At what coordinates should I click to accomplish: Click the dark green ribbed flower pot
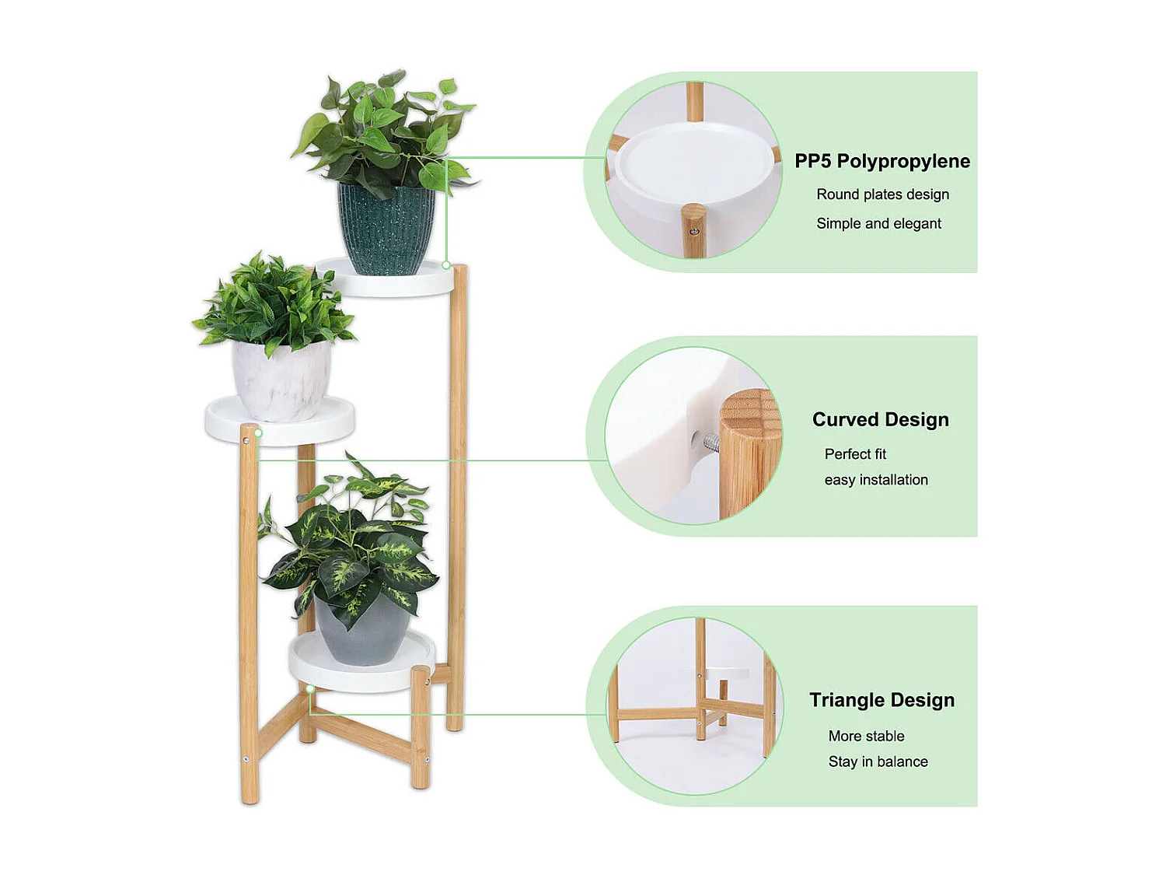point(386,229)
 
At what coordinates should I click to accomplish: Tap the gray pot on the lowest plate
point(362,634)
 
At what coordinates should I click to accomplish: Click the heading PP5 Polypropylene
point(882,161)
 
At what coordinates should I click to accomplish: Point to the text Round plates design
point(882,194)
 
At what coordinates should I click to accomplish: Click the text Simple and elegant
point(878,224)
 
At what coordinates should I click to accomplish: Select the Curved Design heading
point(880,420)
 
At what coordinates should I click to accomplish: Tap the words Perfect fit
point(855,454)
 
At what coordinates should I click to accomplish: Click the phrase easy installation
point(876,480)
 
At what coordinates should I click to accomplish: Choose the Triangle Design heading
point(881,700)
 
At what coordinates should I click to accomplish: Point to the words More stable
point(866,736)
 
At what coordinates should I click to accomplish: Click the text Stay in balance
point(878,761)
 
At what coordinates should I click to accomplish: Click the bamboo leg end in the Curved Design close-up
point(748,451)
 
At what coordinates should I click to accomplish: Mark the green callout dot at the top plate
point(446,265)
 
